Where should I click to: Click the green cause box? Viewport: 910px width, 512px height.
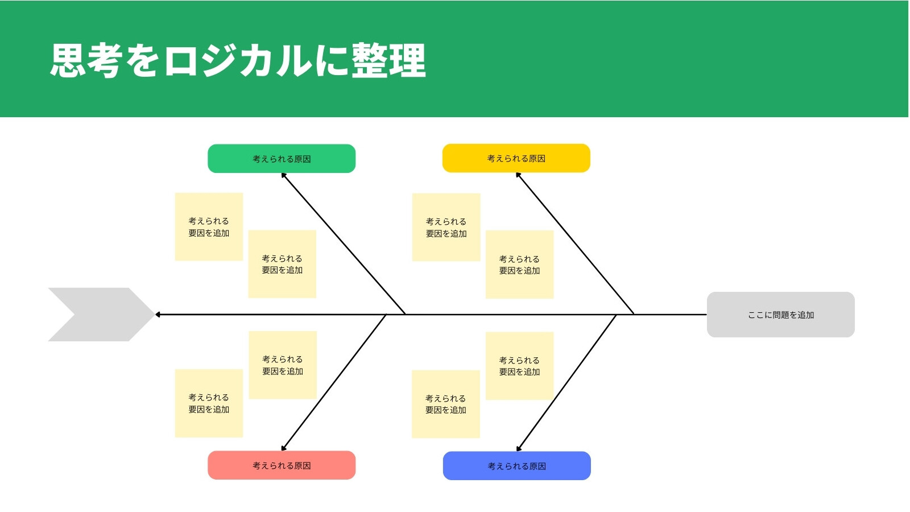[282, 159]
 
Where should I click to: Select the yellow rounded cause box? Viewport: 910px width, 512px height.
[516, 158]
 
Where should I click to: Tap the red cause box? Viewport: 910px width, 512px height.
[282, 465]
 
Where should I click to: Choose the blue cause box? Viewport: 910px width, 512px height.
[517, 466]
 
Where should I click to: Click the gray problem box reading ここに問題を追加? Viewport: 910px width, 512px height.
[781, 315]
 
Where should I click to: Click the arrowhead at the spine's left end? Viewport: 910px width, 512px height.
[158, 315]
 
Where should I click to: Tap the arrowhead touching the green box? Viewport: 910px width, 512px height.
[284, 176]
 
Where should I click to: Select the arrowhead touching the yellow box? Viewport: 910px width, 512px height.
[518, 175]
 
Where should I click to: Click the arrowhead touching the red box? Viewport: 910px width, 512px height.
[284, 448]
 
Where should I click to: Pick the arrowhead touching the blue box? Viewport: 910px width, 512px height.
[519, 449]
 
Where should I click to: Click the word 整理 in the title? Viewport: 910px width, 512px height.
[388, 60]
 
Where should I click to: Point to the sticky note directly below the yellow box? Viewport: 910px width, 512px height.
[520, 265]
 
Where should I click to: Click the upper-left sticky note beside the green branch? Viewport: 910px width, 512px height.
[209, 227]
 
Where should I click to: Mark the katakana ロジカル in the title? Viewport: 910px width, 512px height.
[238, 60]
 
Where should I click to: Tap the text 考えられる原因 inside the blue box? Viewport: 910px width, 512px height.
[517, 466]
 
